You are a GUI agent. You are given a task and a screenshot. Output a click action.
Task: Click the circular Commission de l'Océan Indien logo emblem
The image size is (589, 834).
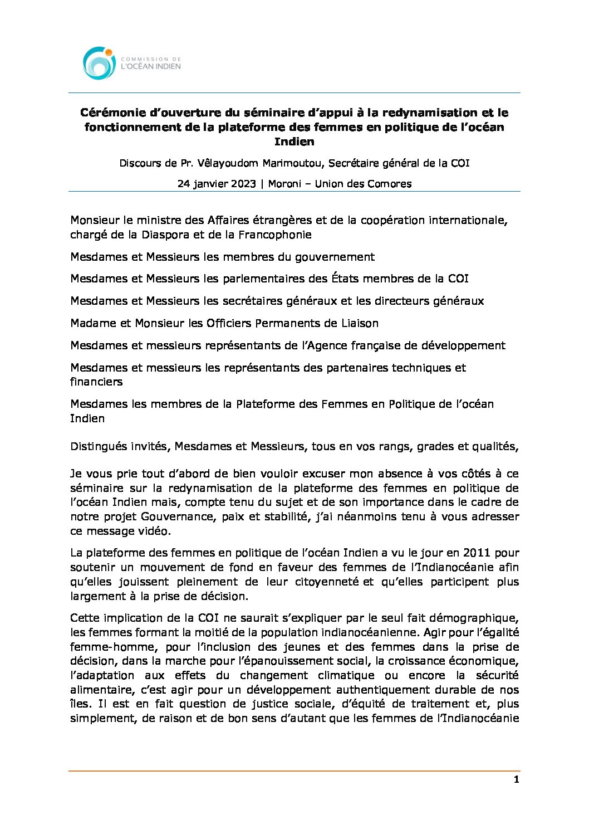[x=99, y=63]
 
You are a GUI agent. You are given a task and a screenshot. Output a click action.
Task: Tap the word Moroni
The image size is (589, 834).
[x=284, y=184]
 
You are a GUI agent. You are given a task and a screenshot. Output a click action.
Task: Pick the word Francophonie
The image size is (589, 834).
[x=275, y=235]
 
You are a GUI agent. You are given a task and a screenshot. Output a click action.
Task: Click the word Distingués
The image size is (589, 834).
[x=99, y=446]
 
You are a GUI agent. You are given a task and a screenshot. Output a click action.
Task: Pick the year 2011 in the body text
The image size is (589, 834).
[x=477, y=553]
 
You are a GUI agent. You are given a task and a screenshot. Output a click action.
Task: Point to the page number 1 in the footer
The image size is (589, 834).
[x=516, y=779]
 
